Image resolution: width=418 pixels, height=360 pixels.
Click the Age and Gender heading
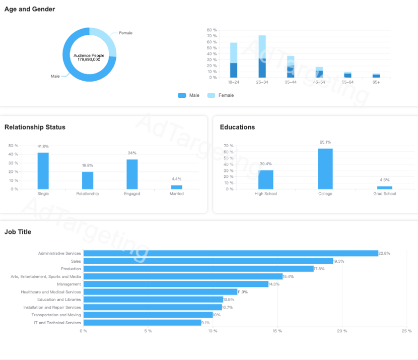tap(30, 9)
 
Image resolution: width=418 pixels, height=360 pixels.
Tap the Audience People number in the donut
tap(89, 59)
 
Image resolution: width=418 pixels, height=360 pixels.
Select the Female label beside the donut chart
tap(125, 33)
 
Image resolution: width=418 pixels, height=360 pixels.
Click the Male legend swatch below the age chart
tap(182, 95)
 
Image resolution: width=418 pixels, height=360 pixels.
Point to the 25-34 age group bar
tap(262, 56)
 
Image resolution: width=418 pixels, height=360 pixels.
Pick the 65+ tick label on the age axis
tap(376, 82)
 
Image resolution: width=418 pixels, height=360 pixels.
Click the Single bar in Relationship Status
tap(43, 171)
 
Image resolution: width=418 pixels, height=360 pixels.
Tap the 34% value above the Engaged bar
tap(132, 153)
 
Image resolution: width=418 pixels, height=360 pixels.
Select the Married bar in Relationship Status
tap(176, 187)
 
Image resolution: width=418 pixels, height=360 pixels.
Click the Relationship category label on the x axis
tap(87, 194)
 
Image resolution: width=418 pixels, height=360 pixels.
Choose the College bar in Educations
tap(325, 168)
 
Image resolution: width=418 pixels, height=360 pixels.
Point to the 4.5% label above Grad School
tap(384, 180)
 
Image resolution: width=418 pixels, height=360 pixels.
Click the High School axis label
tap(265, 194)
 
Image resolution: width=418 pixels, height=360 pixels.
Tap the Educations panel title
tap(237, 127)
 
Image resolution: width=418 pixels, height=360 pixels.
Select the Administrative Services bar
tap(231, 253)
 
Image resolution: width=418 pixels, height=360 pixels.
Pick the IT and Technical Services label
tap(57, 323)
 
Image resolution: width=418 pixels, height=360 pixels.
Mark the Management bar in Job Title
tap(176, 284)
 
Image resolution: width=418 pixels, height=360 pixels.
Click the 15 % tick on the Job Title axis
tap(277, 331)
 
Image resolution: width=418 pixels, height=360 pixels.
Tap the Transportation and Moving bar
tap(148, 315)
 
